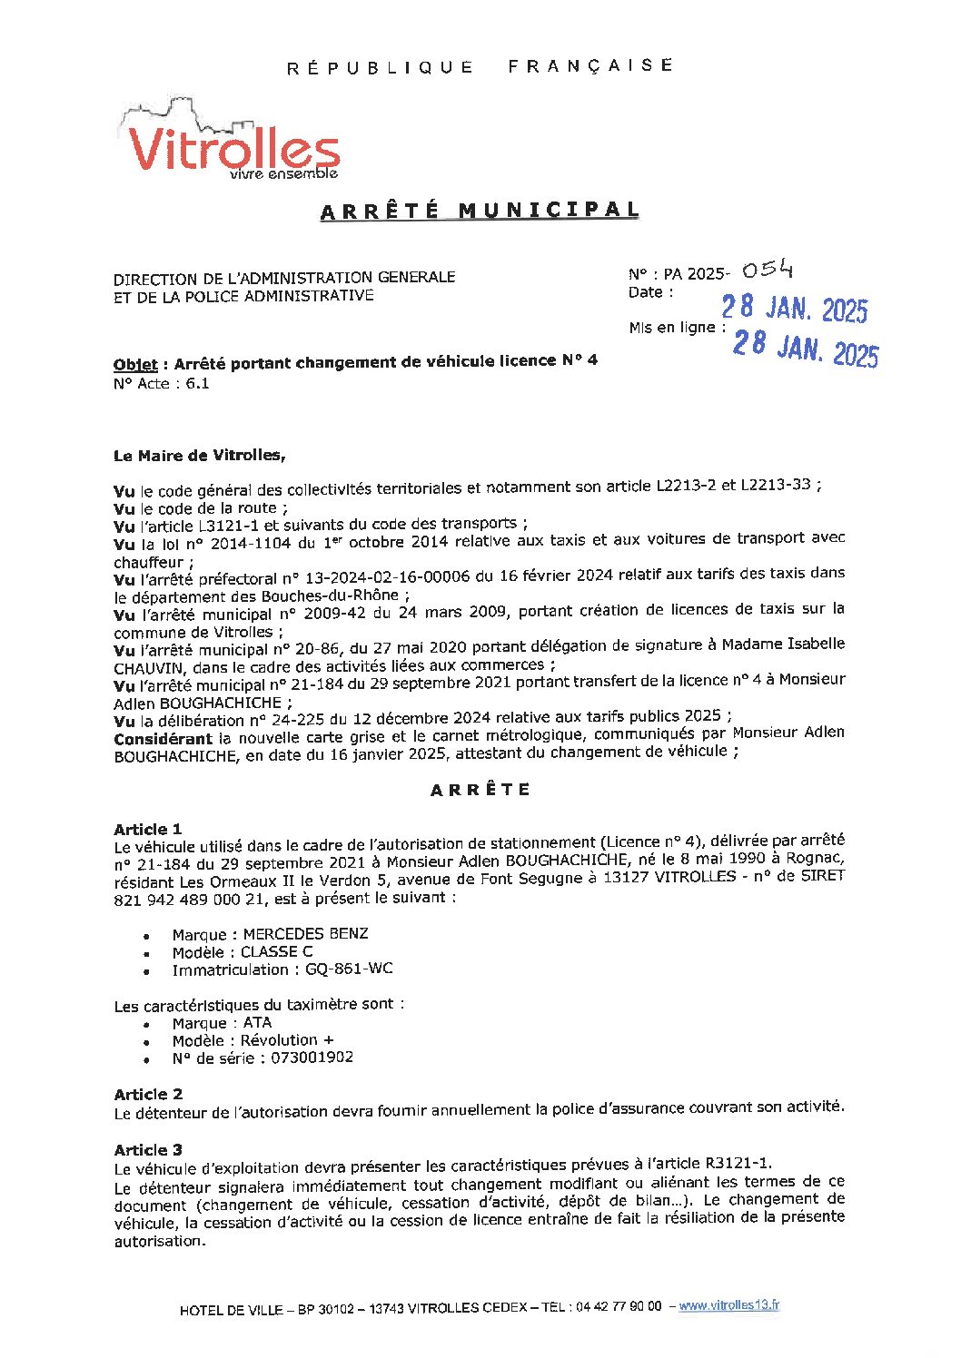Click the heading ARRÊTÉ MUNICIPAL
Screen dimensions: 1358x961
point(480,211)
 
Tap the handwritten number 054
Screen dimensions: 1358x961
point(768,270)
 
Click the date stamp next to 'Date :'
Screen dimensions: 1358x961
point(795,310)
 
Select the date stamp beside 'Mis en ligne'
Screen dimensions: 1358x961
point(806,348)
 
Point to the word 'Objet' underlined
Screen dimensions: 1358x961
point(135,365)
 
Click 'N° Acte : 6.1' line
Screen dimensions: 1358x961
point(162,384)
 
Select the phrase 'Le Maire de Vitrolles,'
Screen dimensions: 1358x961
point(200,456)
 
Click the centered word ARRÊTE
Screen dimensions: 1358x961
point(480,790)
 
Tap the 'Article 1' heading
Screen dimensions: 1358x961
point(148,829)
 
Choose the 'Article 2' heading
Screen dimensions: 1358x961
point(148,1094)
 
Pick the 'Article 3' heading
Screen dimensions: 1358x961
point(148,1150)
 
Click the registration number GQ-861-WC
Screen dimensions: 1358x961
point(349,969)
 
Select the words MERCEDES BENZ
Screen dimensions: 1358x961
point(305,934)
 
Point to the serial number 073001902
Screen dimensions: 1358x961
point(312,1058)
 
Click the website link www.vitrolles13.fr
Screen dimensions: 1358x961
point(729,1305)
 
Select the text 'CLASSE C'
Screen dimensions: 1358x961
point(276,951)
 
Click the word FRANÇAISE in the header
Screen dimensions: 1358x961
point(590,65)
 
